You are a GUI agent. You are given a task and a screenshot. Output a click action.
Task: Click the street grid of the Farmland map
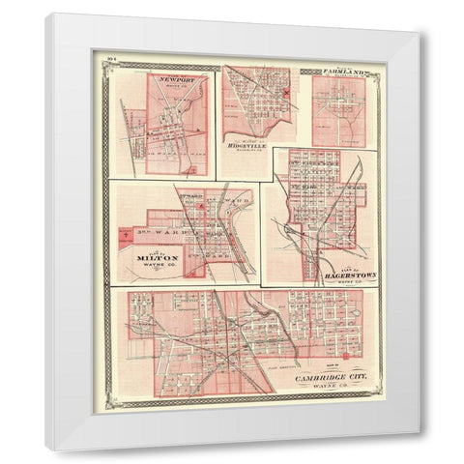[338, 111]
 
